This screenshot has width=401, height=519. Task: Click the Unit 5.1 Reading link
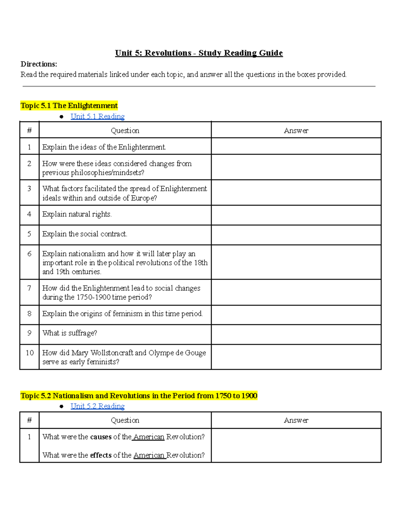(97, 116)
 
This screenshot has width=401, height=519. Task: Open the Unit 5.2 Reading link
(97, 406)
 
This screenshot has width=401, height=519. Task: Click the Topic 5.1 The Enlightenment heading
(69, 106)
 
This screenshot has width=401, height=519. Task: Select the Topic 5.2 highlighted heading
(139, 396)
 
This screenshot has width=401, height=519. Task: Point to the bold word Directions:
(39, 64)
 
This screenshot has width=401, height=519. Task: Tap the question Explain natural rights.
(77, 214)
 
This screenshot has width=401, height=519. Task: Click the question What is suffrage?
(70, 333)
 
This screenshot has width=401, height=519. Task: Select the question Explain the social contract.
(85, 234)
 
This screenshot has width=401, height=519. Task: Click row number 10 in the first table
(29, 353)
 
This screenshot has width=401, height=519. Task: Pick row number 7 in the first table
(29, 288)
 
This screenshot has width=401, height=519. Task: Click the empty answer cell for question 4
(296, 215)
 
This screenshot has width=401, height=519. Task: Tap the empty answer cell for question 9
(296, 334)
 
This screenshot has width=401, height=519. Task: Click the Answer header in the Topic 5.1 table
(296, 131)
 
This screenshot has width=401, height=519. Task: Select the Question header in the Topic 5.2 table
(125, 420)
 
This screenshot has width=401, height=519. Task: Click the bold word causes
(101, 437)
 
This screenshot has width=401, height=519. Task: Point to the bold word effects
(101, 455)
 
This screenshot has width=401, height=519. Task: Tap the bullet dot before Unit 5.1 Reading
(61, 117)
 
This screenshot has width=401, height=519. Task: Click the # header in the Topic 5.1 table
(29, 131)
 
